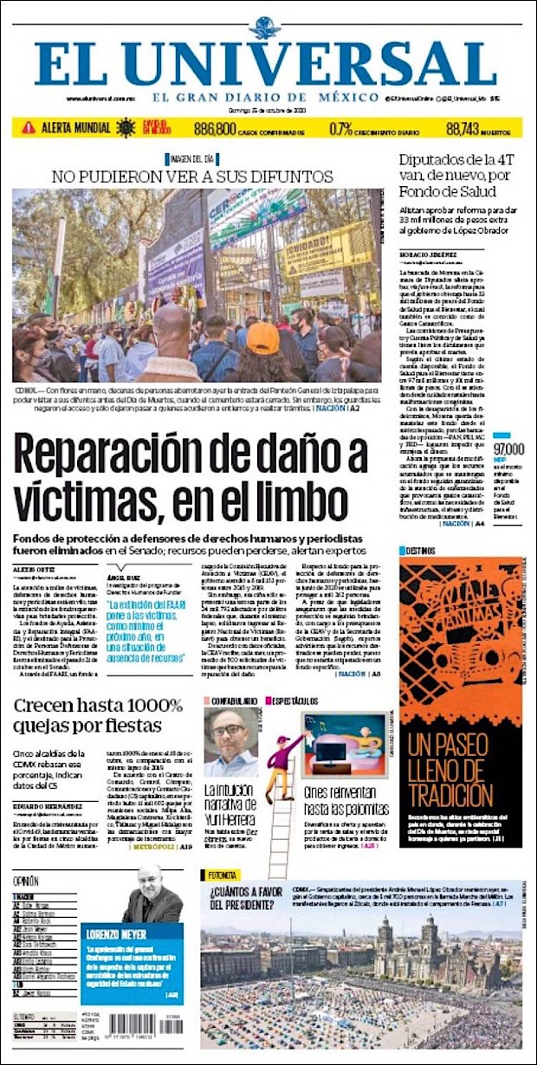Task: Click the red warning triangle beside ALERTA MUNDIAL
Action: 29,127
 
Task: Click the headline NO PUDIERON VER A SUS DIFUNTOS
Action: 192,176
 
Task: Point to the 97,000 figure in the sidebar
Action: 508,449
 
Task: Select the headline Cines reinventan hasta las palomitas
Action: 346,802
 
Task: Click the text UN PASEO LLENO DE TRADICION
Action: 460,771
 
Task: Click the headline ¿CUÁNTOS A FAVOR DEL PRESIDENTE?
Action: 245,900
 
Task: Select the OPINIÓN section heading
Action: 26,881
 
